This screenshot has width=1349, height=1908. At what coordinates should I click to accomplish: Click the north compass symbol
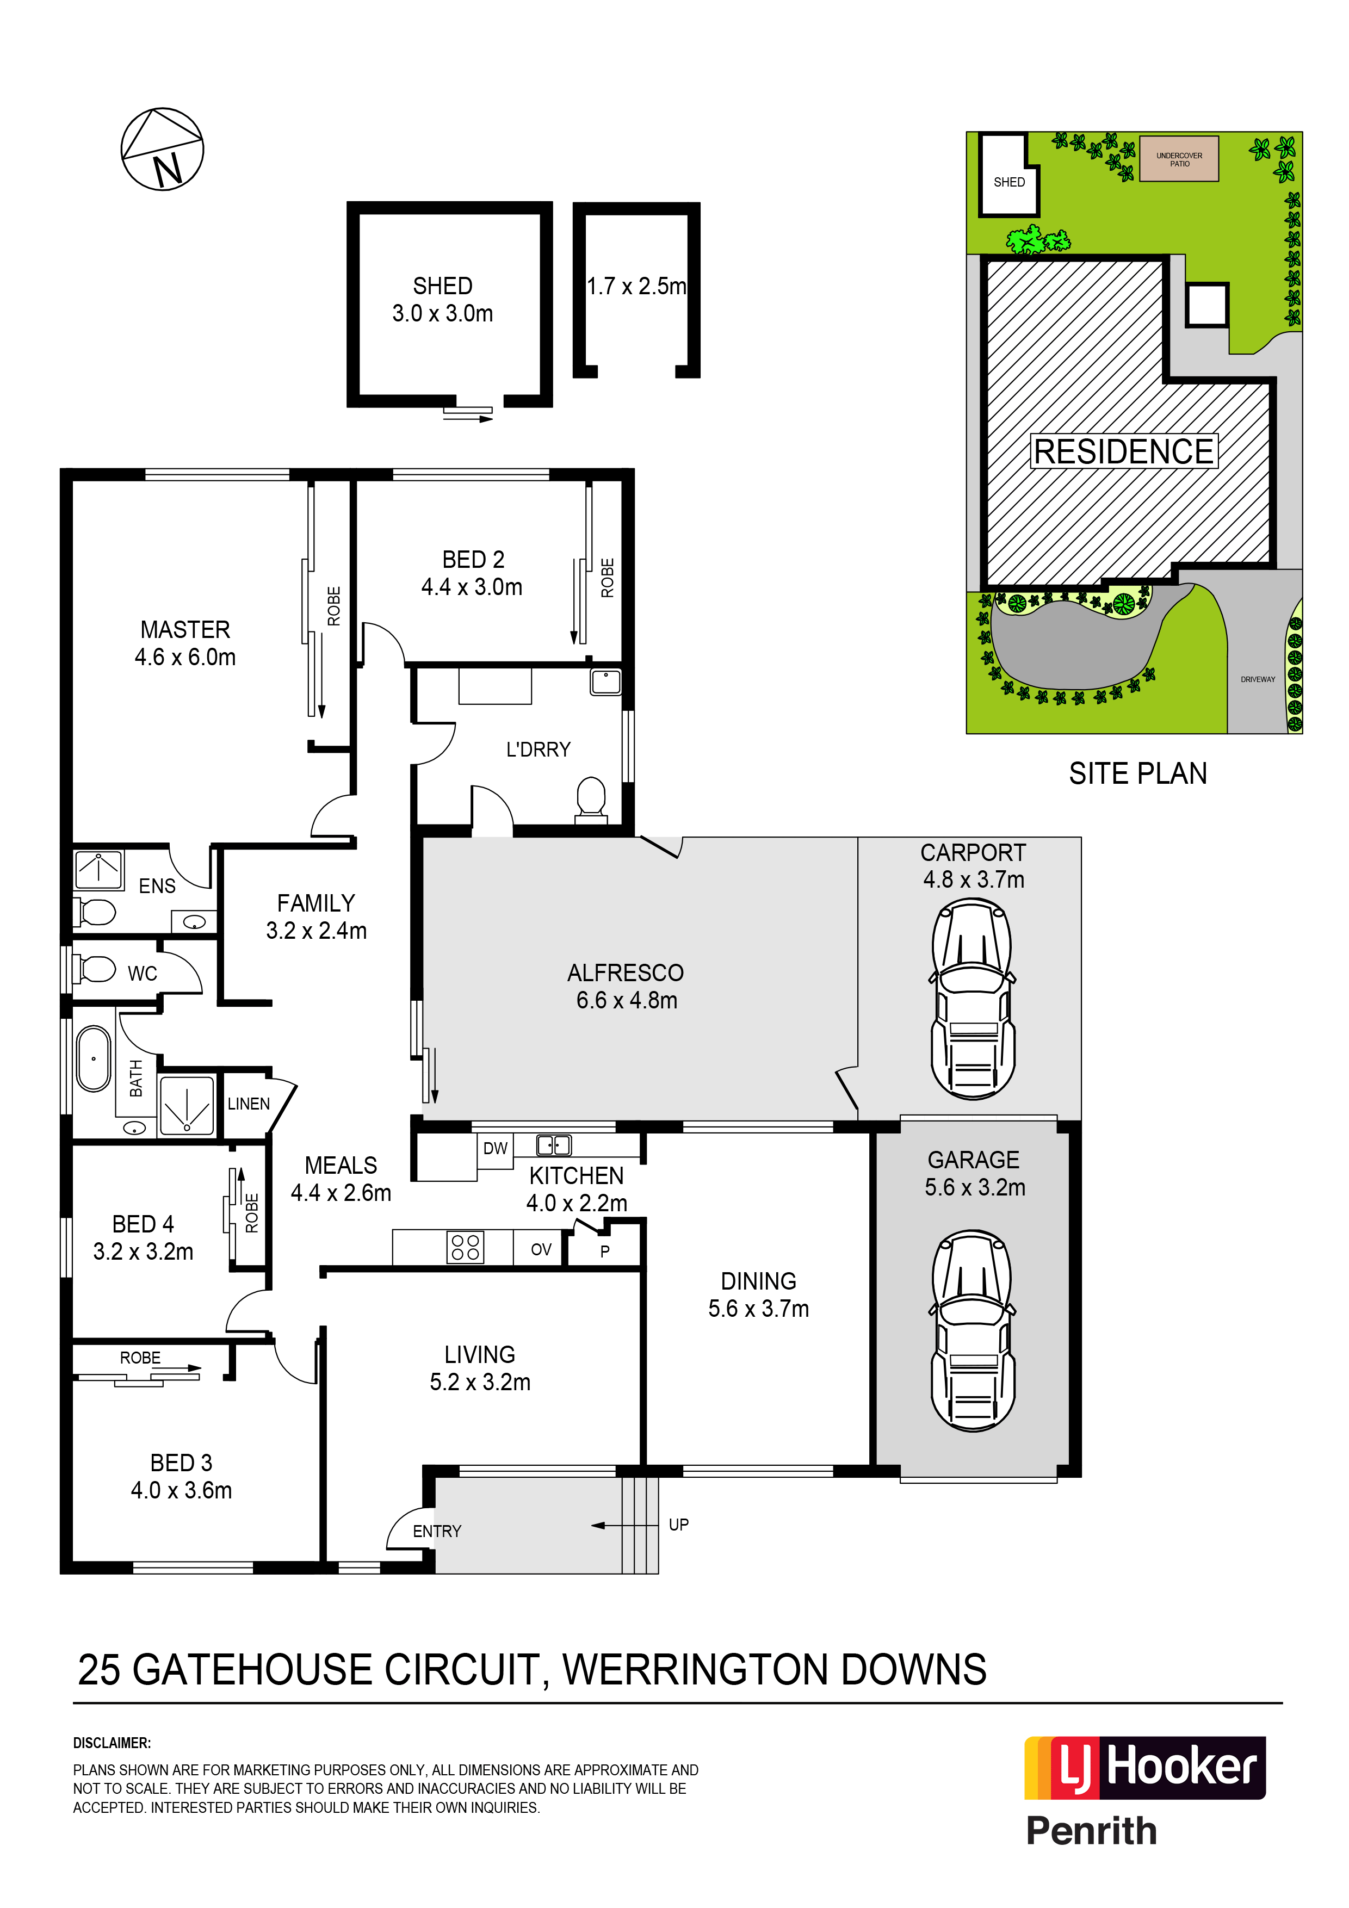[162, 148]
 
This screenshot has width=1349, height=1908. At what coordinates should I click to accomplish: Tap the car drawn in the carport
[973, 1000]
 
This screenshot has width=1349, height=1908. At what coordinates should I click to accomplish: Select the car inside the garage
[973, 1330]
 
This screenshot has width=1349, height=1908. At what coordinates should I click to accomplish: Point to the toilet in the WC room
[95, 969]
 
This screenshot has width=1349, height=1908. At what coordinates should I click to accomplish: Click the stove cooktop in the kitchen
[466, 1247]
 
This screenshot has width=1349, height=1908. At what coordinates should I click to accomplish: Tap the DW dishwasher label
[496, 1149]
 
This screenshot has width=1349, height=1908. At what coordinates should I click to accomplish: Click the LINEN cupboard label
[249, 1104]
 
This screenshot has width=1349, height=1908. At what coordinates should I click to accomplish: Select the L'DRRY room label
[539, 749]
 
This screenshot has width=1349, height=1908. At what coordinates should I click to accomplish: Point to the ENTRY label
[437, 1531]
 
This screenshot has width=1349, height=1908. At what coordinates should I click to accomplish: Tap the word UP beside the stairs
[678, 1524]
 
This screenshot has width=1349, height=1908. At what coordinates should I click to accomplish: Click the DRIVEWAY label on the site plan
[1258, 679]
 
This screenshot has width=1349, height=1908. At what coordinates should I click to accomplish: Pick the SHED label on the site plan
[1009, 182]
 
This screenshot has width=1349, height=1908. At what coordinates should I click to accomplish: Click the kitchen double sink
[554, 1145]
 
